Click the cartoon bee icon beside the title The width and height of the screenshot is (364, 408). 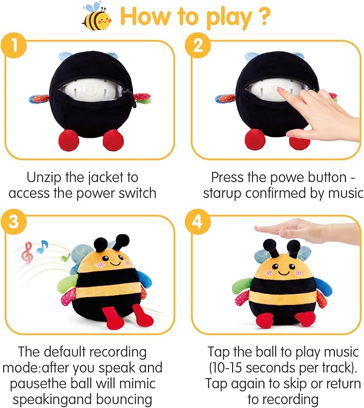[x=96, y=17]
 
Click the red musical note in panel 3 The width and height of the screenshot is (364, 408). [x=27, y=253]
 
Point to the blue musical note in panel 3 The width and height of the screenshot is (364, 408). [x=42, y=246]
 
